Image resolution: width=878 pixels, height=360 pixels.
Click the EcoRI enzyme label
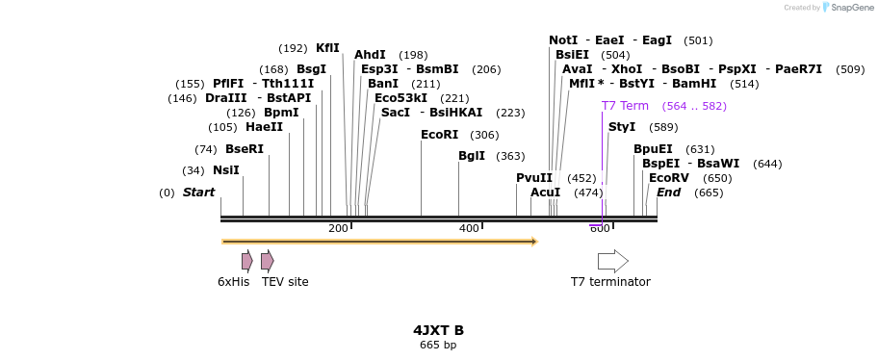tap(439, 135)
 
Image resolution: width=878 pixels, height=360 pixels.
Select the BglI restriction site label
tap(472, 156)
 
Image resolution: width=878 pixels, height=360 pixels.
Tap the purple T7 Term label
tap(625, 106)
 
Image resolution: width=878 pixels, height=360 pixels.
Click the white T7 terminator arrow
tap(612, 261)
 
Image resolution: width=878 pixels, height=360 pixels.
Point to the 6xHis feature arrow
tap(247, 261)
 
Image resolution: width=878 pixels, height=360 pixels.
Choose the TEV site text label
tap(285, 282)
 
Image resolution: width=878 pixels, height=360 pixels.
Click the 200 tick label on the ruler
tap(338, 228)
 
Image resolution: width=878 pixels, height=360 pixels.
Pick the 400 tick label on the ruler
tap(469, 228)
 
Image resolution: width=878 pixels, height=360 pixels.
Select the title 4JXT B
tap(438, 330)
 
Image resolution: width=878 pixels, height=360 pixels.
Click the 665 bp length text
tap(438, 345)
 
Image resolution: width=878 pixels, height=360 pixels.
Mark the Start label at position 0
tap(198, 193)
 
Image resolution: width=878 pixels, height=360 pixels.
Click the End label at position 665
tap(668, 193)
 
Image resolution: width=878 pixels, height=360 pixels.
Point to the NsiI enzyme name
tap(226, 170)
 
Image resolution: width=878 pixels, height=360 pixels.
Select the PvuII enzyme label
tap(534, 178)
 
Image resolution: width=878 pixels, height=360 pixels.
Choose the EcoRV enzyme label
tap(669, 178)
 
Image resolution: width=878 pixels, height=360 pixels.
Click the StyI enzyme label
tap(622, 127)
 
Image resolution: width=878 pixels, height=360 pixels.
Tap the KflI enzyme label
tap(327, 48)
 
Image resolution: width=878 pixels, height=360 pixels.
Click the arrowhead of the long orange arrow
tap(534, 242)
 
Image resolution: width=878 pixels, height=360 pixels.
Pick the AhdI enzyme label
tap(370, 55)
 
